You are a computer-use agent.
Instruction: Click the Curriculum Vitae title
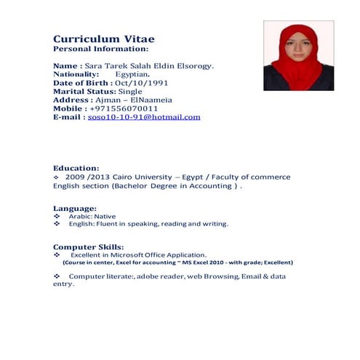click(x=103, y=38)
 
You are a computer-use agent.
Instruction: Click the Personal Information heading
click(x=100, y=49)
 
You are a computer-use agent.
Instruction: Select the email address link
click(x=143, y=116)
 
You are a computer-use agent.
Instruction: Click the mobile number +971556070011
click(x=128, y=108)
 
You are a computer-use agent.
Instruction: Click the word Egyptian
click(x=132, y=74)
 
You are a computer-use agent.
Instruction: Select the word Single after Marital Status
click(x=130, y=92)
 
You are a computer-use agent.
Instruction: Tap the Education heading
click(x=76, y=168)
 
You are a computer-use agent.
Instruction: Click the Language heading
click(x=76, y=209)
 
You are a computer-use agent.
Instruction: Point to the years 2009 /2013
click(x=82, y=177)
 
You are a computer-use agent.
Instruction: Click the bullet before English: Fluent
click(x=57, y=224)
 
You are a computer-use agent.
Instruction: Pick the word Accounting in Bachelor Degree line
click(x=213, y=185)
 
